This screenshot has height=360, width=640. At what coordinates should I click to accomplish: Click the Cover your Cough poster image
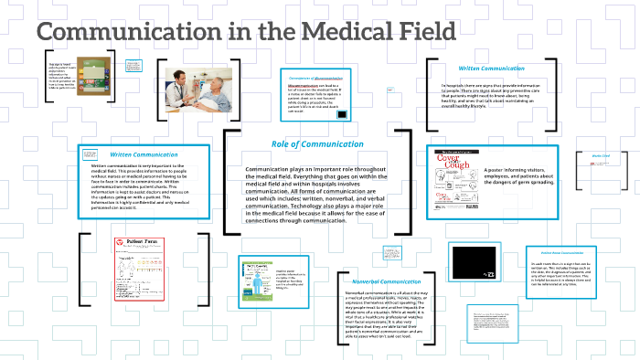457,179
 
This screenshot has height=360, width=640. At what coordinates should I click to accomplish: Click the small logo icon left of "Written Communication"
91,153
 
